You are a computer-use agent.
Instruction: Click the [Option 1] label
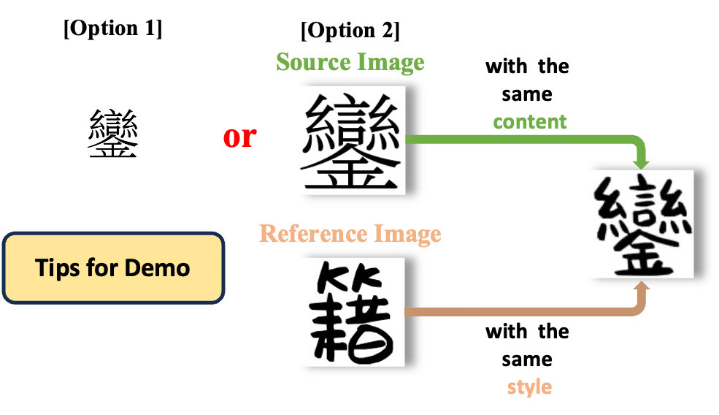pos(113,28)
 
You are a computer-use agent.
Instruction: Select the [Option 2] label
pos(350,31)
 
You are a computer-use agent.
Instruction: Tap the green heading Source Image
pos(350,62)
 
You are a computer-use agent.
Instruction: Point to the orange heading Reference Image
pos(350,234)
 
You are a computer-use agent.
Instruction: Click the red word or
pos(240,137)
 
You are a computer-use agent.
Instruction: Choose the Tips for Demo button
pos(113,267)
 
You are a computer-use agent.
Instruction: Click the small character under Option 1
pos(113,133)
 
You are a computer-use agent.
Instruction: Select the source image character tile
pos(353,140)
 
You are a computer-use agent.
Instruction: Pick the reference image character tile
pos(353,312)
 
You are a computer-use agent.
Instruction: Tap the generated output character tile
pos(642,224)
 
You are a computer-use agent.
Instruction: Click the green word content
pos(530,122)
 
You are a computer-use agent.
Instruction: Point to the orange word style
pos(530,387)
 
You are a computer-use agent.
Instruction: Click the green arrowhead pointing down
pos(641,162)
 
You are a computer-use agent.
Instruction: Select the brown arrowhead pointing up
pos(641,287)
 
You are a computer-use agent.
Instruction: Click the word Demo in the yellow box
pos(157,268)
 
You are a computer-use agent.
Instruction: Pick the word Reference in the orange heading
pos(313,233)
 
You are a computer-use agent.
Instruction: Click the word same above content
pos(527,94)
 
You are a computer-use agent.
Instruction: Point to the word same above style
pos(527,360)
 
